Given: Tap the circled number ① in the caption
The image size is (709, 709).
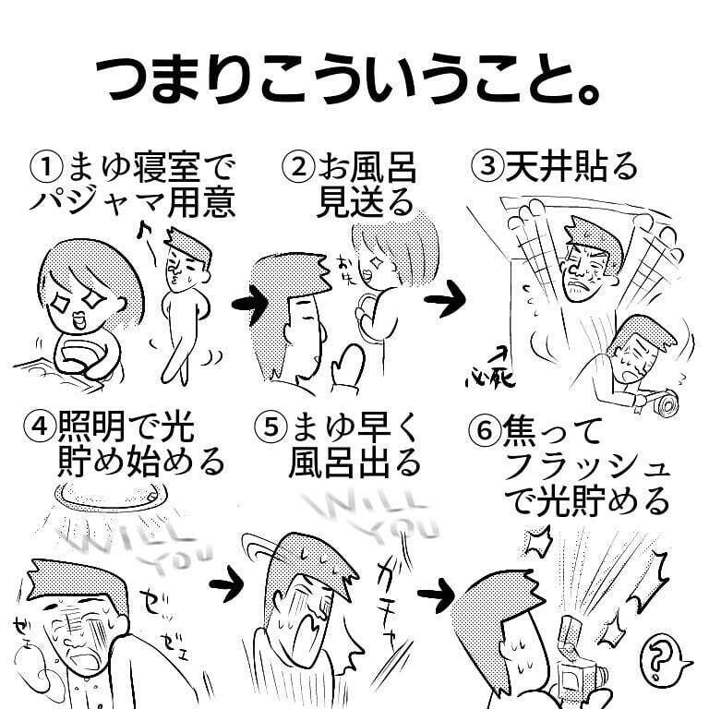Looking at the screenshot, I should click(45, 169).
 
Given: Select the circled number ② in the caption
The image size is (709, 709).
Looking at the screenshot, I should click(298, 169).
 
